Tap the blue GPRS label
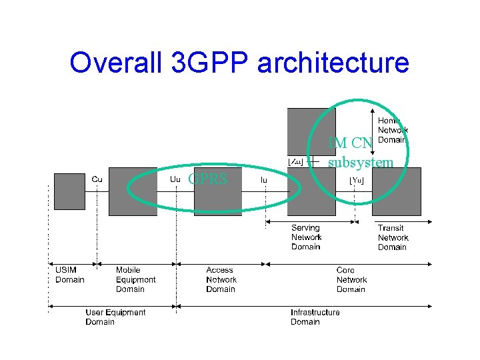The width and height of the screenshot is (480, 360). coord(208,179)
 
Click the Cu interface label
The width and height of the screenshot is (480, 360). coord(97,179)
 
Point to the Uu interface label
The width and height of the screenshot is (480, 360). coord(175,179)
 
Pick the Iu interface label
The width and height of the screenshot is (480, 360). coord(265,179)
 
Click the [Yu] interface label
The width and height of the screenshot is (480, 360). coord(357,179)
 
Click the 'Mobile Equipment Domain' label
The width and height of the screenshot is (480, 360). coord(135,279)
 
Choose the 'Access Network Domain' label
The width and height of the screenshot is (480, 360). coord(221,279)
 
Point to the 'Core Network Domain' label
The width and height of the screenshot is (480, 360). coord(351,279)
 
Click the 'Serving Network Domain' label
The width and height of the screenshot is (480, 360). coord(306,237)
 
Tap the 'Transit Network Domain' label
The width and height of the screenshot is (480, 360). coord(393,237)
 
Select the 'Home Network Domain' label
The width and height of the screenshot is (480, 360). coord(393,129)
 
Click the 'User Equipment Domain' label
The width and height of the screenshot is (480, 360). coord(115,317)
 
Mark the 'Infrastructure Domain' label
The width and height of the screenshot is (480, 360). coord(315,317)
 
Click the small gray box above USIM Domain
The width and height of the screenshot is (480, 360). coord(69,191)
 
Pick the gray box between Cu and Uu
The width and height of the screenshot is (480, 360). coord(133,191)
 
